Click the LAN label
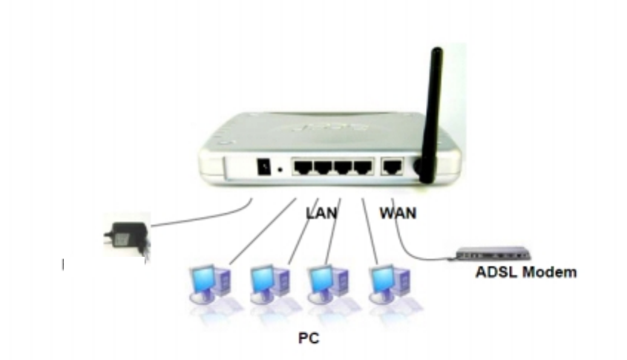321,214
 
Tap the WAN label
398,214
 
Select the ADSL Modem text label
525,272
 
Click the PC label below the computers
308,338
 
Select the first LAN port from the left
303,167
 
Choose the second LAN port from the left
322,167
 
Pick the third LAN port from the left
342,167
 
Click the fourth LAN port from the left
361,167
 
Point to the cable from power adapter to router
200,217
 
